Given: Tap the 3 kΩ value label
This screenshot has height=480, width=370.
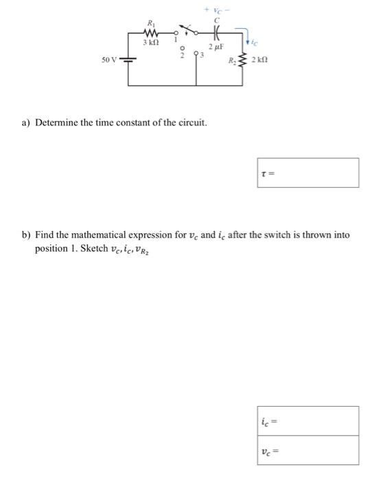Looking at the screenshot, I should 150,43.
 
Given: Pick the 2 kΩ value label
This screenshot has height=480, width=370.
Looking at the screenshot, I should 260,62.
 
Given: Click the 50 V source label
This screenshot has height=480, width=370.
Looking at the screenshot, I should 110,61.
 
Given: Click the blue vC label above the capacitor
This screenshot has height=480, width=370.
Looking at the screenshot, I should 216,10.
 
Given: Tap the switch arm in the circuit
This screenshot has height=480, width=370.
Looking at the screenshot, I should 192,32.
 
